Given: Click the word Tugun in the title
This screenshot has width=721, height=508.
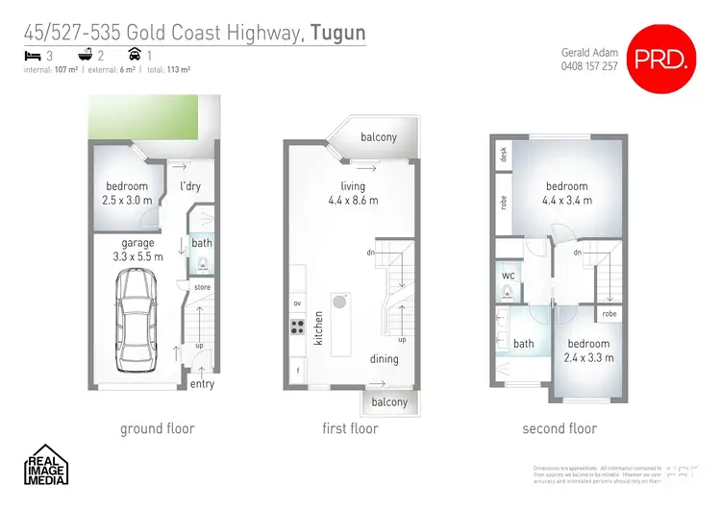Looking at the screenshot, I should (x=337, y=35).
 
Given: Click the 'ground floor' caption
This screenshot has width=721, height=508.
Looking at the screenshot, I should (x=157, y=428).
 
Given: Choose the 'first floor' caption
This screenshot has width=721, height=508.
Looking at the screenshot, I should (x=350, y=428).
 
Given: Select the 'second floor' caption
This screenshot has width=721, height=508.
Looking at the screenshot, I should (x=559, y=428).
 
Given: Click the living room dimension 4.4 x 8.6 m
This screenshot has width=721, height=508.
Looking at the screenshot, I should (x=353, y=201).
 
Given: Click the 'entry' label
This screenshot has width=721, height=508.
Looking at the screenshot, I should (x=202, y=384).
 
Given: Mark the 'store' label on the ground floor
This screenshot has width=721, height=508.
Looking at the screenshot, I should (x=202, y=286).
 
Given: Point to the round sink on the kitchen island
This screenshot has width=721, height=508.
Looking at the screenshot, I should (x=339, y=302).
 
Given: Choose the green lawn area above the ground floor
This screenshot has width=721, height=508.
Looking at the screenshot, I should (x=155, y=117).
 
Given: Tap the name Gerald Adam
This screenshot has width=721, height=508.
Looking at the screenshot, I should (x=587, y=53).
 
